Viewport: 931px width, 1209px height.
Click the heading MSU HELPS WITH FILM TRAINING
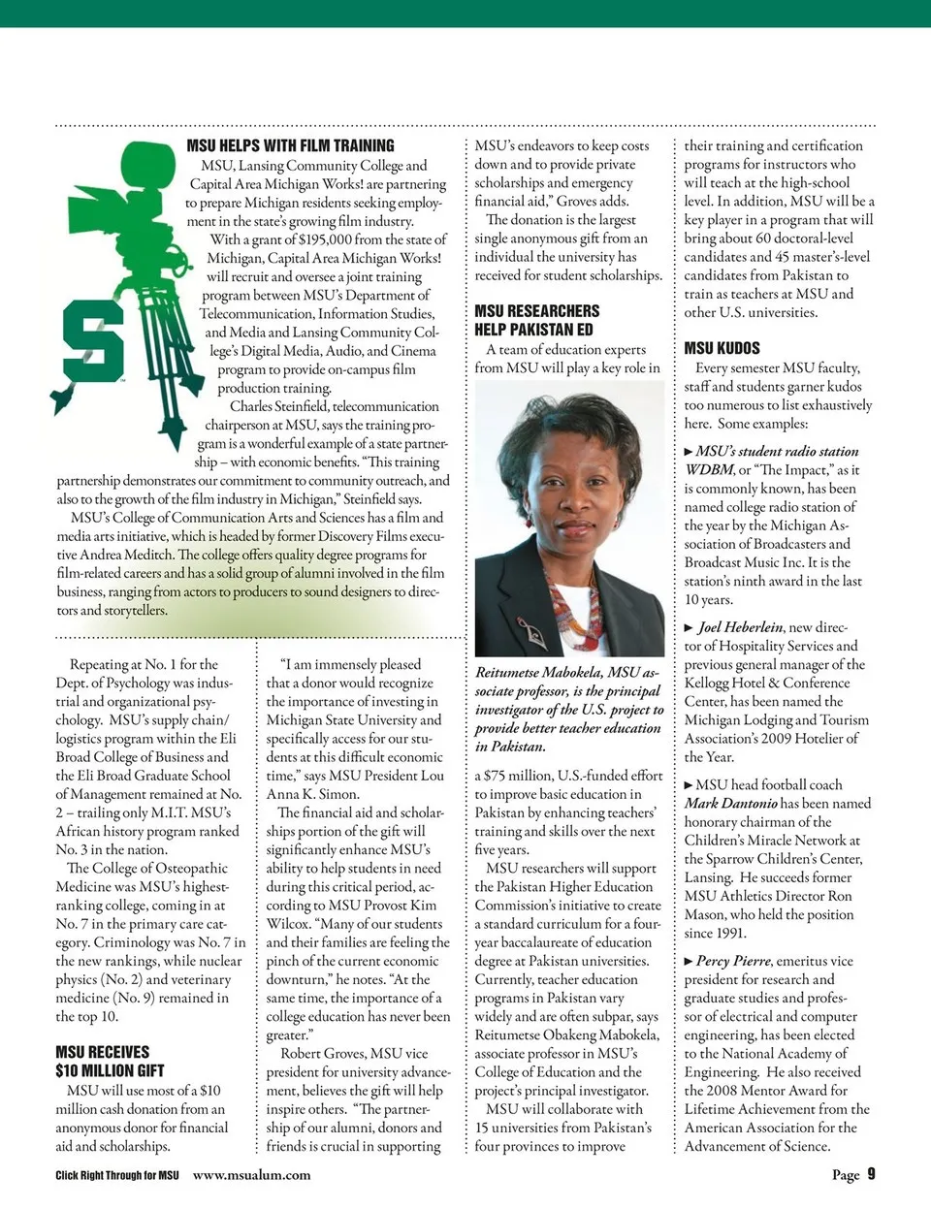pos(290,145)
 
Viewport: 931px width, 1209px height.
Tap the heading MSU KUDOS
pos(722,348)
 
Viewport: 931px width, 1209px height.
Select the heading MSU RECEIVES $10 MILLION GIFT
pos(109,1062)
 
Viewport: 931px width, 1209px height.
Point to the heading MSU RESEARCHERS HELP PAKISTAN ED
pos(536,320)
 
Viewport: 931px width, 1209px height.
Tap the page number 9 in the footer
pos(871,1174)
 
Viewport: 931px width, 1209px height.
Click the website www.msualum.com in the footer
pos(251,1175)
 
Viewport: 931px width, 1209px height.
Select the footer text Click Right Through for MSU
pos(116,1175)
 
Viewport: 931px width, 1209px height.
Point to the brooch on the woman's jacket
pos(530,631)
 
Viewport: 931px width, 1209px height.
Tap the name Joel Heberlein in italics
pos(741,627)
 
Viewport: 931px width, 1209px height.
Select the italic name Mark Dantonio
pos(730,803)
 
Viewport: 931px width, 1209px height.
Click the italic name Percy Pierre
pos(733,961)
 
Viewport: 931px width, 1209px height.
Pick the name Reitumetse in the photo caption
pos(514,673)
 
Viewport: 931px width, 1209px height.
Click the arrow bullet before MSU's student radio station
pos(689,452)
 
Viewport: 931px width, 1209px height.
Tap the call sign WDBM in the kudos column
pos(709,470)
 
